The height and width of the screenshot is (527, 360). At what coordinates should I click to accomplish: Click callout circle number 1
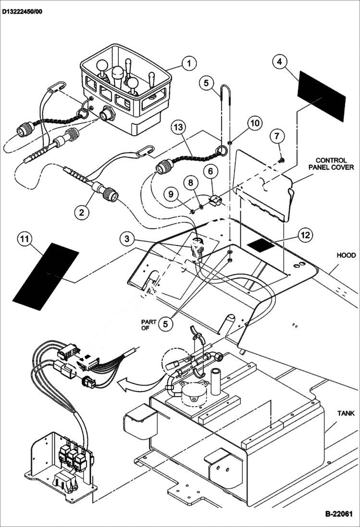189,63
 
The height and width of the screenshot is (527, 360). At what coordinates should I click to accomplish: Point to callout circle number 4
280,61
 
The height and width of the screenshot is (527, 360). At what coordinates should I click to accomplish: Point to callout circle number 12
305,235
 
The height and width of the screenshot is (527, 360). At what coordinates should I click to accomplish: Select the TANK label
346,413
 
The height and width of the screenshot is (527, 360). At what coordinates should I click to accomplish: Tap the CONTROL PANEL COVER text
335,164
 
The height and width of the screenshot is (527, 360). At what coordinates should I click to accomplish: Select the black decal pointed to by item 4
322,96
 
